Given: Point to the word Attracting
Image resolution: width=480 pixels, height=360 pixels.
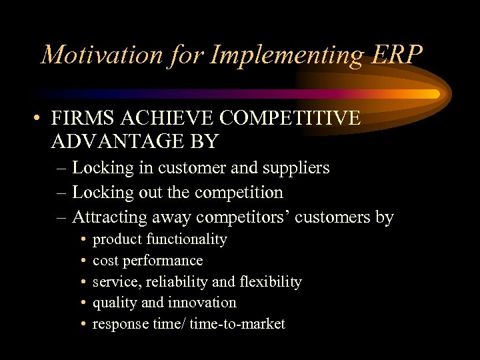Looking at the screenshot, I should pos(109,217).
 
